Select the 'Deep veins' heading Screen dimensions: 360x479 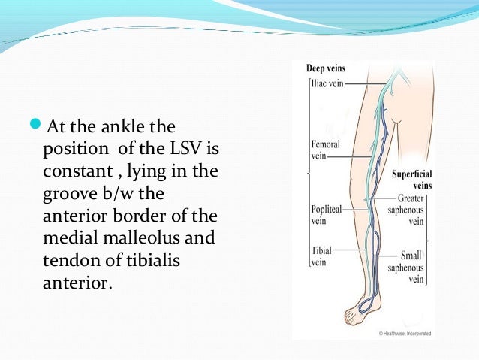[326, 68]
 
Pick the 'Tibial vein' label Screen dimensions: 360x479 [321, 256]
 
